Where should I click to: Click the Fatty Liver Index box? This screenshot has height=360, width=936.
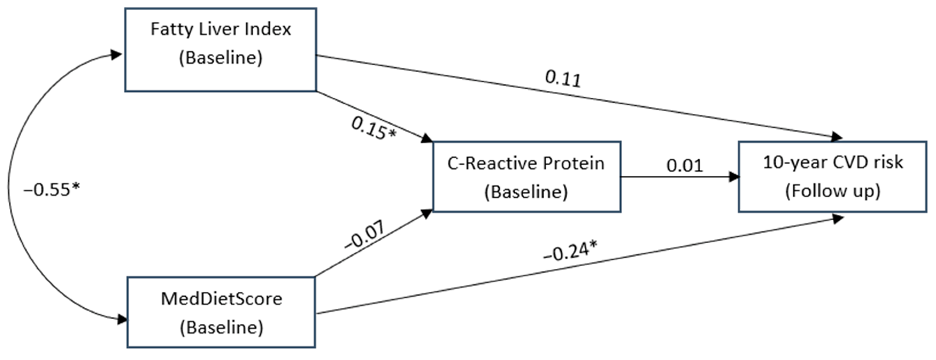coord(221,50)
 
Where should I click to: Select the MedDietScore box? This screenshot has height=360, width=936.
coord(221,312)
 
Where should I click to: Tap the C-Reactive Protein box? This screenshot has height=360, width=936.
coord(526,177)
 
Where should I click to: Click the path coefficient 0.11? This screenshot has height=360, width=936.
coord(563,79)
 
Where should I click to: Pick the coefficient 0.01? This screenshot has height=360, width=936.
coord(684,166)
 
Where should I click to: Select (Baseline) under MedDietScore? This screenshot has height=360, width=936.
coord(221,327)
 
